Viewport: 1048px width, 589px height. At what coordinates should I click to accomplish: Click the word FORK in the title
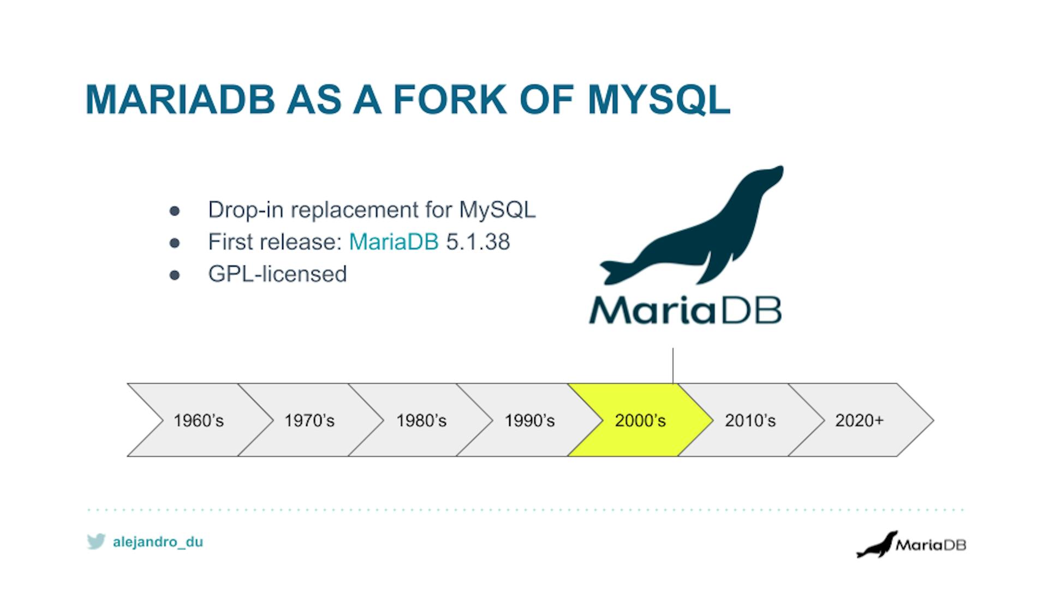tap(450, 99)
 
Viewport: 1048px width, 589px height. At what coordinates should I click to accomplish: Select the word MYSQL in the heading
tap(659, 99)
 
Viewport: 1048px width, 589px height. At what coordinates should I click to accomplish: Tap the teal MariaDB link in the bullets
tap(394, 242)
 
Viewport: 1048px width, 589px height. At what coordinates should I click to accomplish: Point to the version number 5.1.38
tap(478, 242)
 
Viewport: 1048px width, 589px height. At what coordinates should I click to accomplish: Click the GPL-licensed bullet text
tap(277, 274)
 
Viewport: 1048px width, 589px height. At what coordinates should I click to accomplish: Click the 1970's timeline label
tap(309, 420)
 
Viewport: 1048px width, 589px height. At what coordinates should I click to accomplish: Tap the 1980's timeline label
tap(421, 420)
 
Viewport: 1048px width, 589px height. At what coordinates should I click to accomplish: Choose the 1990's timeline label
tap(529, 420)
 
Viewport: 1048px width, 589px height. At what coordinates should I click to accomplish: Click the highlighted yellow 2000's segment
tap(640, 420)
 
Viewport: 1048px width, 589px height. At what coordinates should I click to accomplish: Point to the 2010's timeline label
tap(750, 420)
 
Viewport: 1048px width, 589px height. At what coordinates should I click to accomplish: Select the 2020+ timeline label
tap(859, 420)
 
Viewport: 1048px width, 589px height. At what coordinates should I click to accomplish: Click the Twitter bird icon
tap(96, 542)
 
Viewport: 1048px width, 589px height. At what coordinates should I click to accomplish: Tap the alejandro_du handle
tap(158, 542)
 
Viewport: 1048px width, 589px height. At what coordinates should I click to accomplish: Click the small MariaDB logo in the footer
tap(911, 544)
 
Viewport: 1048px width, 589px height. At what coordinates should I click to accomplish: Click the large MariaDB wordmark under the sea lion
tap(685, 311)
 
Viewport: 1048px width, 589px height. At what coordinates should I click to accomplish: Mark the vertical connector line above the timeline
tap(673, 365)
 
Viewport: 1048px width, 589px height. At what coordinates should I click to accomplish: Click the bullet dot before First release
tap(175, 243)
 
